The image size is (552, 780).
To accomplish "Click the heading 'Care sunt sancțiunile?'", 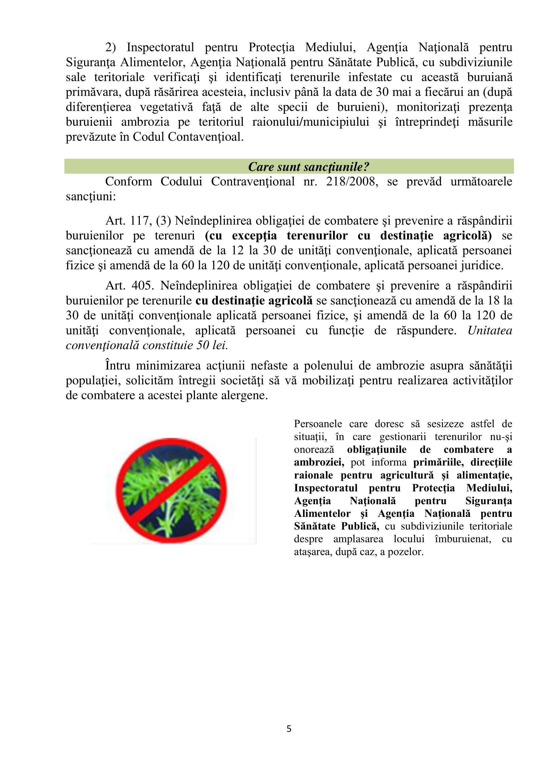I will [x=308, y=167].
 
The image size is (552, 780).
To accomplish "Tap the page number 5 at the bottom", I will [x=289, y=729].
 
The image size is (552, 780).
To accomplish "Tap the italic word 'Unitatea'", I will [x=490, y=330].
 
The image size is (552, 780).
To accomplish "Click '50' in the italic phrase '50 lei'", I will [x=203, y=345].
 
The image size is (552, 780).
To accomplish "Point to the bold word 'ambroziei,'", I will [x=319, y=462].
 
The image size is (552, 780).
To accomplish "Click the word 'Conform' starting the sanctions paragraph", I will [x=128, y=182].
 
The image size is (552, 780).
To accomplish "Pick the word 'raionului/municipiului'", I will [x=311, y=122].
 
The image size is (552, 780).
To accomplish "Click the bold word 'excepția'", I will [x=254, y=236].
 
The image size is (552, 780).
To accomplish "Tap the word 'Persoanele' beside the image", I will [x=318, y=424].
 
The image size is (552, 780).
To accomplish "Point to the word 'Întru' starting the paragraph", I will [x=117, y=366].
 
